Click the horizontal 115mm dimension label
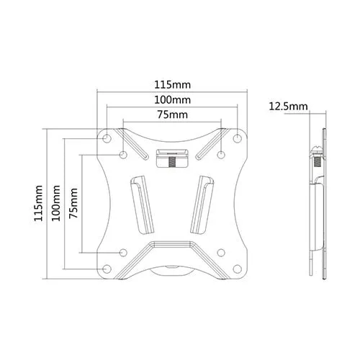click(172, 85)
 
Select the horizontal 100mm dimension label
click(172, 100)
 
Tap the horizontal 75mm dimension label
click(173, 114)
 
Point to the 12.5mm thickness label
click(288, 107)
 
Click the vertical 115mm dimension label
click(38, 203)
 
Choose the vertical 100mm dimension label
click(56, 203)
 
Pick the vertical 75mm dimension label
click(73, 203)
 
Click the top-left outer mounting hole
click(107, 138)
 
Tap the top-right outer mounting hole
click(237, 138)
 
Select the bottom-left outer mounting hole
click(107, 269)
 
